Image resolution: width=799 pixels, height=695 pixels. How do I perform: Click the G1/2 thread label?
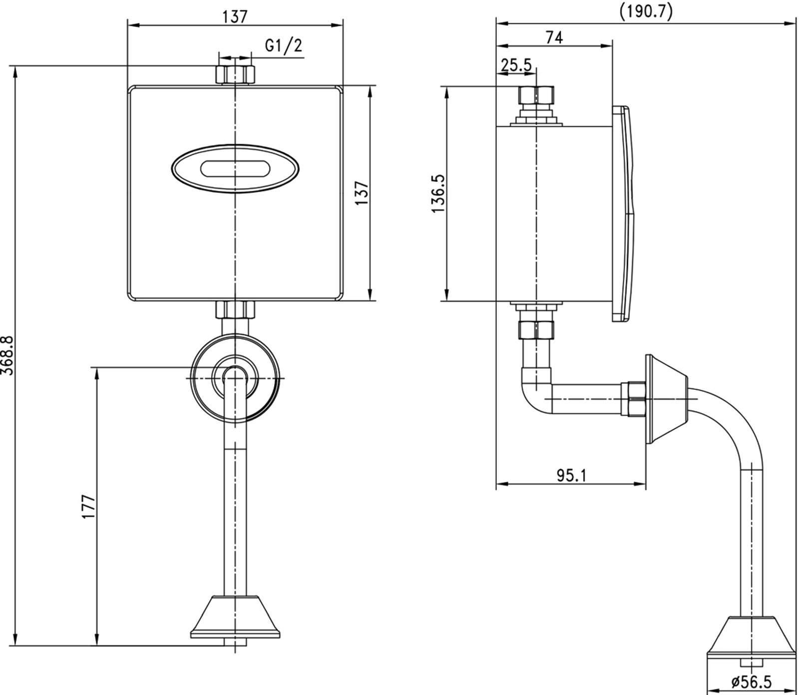click(284, 46)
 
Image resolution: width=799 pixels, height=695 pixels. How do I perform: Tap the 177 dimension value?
click(88, 507)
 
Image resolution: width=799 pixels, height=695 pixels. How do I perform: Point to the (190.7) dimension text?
click(646, 10)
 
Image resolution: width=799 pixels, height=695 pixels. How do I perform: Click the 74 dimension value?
click(554, 37)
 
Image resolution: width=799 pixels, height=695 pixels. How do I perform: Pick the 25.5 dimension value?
click(516, 65)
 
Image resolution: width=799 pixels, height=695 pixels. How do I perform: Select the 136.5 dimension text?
click(438, 193)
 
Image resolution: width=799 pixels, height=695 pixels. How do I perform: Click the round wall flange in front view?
click(235, 378)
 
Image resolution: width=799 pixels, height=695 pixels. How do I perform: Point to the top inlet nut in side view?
click(536, 95)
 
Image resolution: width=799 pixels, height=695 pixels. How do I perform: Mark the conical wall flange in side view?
click(667, 399)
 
